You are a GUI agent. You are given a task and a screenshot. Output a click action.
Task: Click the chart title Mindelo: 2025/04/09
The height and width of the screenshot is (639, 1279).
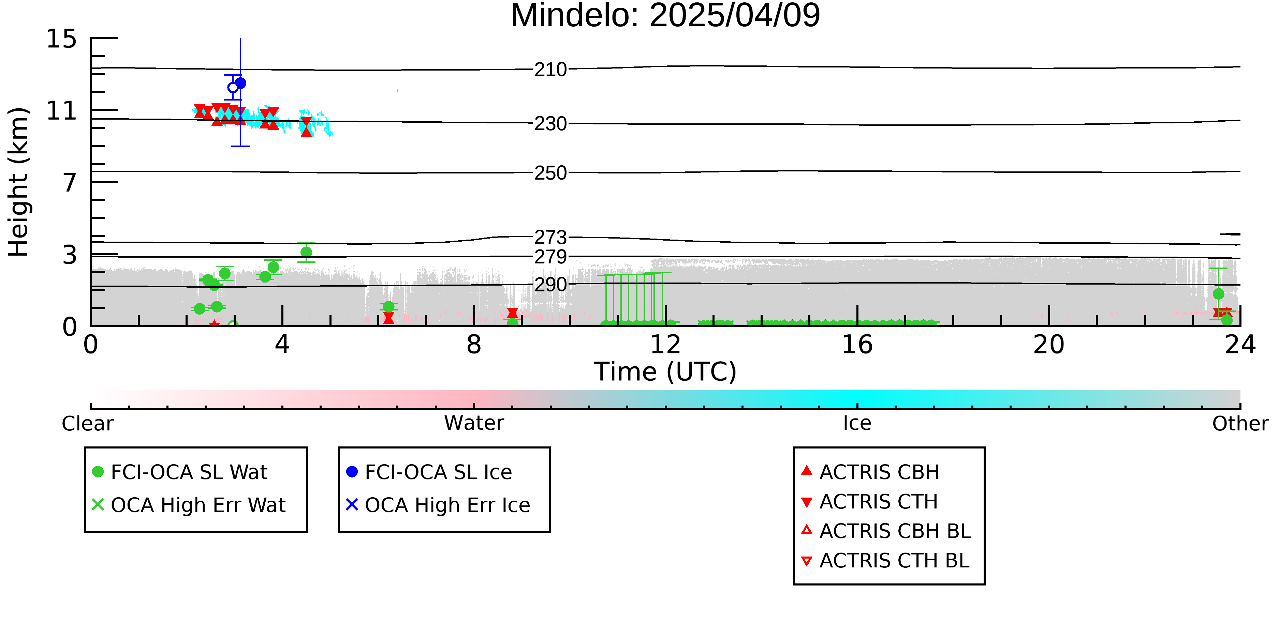pyautogui.click(x=665, y=16)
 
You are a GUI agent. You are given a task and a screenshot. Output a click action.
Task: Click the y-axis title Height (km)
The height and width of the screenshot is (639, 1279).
pyautogui.click(x=19, y=182)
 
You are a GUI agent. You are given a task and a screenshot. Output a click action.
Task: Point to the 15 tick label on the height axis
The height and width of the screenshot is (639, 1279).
pyautogui.click(x=62, y=39)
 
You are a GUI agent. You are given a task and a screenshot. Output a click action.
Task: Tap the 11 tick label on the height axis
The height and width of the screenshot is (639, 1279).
pyautogui.click(x=62, y=111)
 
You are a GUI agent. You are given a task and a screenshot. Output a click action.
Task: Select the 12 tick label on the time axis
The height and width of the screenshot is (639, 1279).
pyautogui.click(x=665, y=345)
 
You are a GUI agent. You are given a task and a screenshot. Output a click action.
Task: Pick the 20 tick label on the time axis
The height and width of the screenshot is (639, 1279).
pyautogui.click(x=1049, y=345)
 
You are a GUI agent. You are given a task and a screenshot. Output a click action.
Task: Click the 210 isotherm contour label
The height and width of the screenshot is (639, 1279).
pyautogui.click(x=550, y=70)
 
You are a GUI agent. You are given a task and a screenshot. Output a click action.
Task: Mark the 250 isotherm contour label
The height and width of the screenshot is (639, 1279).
pyautogui.click(x=550, y=173)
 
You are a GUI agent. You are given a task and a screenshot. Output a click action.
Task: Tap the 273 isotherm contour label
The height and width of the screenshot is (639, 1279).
pyautogui.click(x=550, y=238)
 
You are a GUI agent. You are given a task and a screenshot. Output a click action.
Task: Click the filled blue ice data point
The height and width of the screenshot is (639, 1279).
pyautogui.click(x=240, y=83)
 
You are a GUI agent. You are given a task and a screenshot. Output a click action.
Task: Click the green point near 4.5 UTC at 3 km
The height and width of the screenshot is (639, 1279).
pyautogui.click(x=306, y=253)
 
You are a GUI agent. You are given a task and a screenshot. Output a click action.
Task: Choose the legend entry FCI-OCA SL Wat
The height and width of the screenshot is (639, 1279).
pyautogui.click(x=180, y=472)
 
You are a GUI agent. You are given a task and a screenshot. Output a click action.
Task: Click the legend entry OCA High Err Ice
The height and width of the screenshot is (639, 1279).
pyautogui.click(x=438, y=505)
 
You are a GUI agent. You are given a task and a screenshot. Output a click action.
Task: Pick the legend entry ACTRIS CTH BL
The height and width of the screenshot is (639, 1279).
pyautogui.click(x=885, y=561)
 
